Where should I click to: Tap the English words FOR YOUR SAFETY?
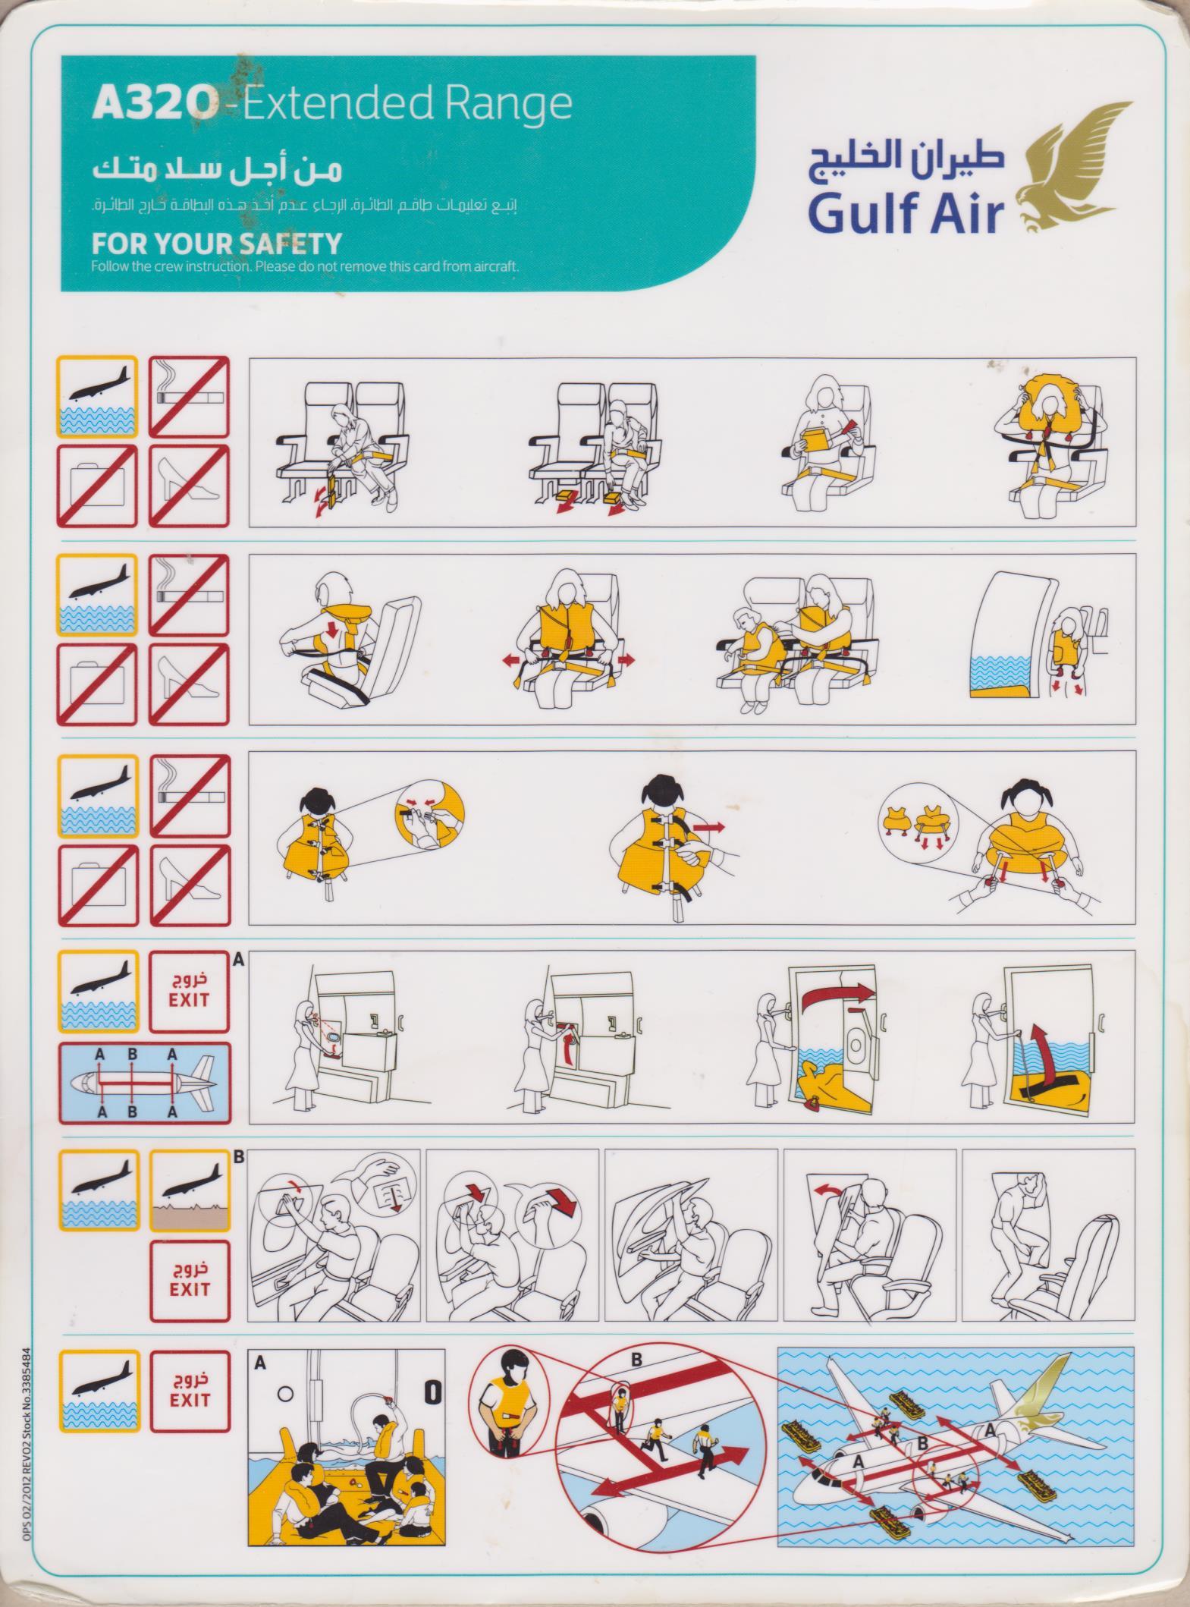[216, 244]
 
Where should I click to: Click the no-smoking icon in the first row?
[189, 397]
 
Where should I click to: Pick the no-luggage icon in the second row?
[97, 685]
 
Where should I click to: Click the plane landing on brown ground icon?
[189, 1190]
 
